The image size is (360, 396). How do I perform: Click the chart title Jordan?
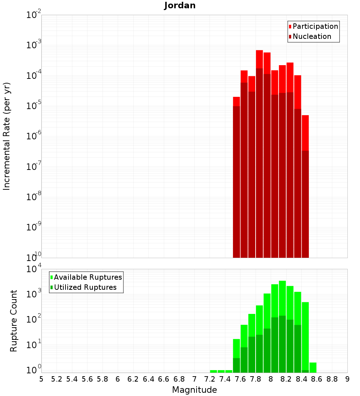pos(180,6)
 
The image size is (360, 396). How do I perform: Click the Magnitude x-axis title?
pos(194,390)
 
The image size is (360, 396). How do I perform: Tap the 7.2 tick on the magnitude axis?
pos(210,379)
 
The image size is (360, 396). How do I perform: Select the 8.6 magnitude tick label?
pos(317,379)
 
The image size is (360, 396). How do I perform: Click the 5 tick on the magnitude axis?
pos(41,379)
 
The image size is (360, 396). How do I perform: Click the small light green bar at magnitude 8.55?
pos(313,368)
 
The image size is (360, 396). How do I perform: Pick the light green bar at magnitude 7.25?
pos(213,371)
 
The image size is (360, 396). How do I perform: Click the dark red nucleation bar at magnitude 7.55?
pos(237,180)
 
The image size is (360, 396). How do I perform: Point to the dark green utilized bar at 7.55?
pos(237,365)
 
